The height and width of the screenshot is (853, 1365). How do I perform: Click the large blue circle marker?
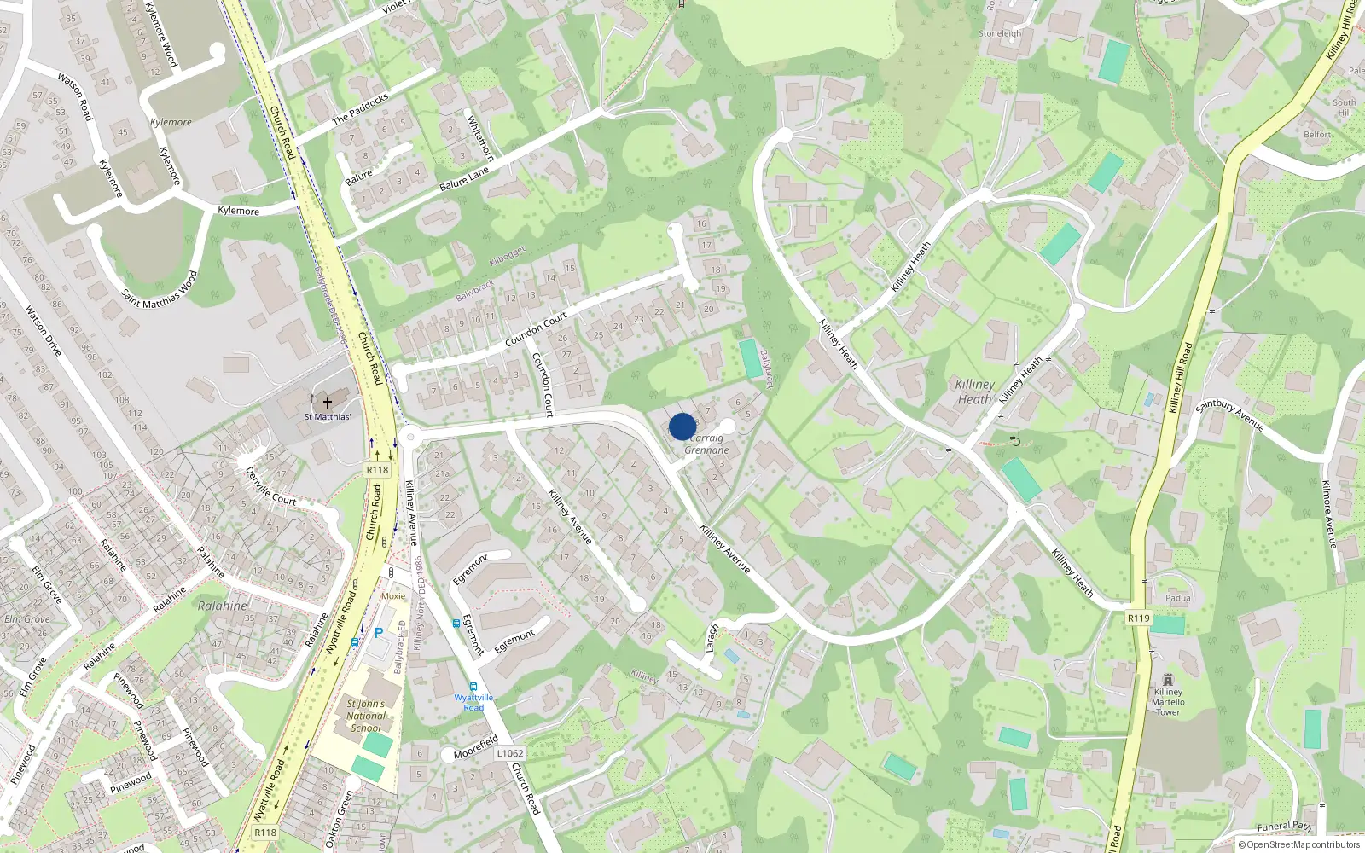click(682, 426)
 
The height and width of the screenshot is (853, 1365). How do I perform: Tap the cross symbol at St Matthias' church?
click(327, 401)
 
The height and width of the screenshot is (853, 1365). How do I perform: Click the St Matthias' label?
click(327, 417)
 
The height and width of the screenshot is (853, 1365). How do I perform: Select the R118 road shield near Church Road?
click(376, 469)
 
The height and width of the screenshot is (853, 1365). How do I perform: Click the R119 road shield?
click(1138, 618)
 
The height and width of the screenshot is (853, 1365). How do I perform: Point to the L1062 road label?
click(509, 753)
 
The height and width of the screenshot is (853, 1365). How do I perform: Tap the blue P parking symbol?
click(379, 633)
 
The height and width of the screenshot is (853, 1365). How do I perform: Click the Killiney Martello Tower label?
click(1168, 702)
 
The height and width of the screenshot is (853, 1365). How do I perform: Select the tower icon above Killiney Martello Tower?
click(1168, 679)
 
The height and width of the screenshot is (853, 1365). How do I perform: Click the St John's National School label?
click(366, 716)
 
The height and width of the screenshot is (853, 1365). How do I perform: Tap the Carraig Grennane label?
click(707, 444)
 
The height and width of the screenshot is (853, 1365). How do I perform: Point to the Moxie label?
click(393, 596)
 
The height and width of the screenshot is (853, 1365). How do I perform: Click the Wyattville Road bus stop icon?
click(473, 687)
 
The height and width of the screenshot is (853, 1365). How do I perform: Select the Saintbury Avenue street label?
click(1229, 415)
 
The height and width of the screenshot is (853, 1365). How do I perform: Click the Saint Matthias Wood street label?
click(160, 290)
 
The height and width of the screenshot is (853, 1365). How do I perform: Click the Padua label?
click(1178, 598)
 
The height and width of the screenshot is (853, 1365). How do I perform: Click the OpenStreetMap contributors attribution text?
click(1298, 845)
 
